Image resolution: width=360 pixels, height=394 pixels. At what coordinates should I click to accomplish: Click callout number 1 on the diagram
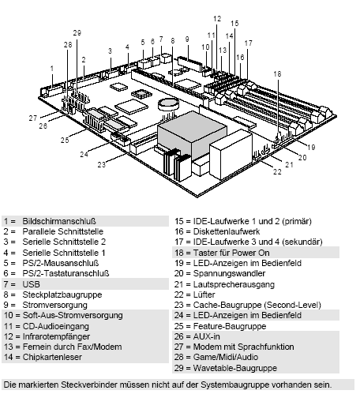tap(52, 68)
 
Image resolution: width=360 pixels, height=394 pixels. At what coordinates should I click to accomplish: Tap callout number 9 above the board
tap(187, 39)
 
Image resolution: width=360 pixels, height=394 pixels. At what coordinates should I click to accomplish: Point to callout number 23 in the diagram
tap(101, 165)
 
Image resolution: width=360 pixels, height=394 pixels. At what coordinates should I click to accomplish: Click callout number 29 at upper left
tap(77, 32)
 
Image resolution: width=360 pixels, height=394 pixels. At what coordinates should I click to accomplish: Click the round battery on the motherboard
tap(168, 103)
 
